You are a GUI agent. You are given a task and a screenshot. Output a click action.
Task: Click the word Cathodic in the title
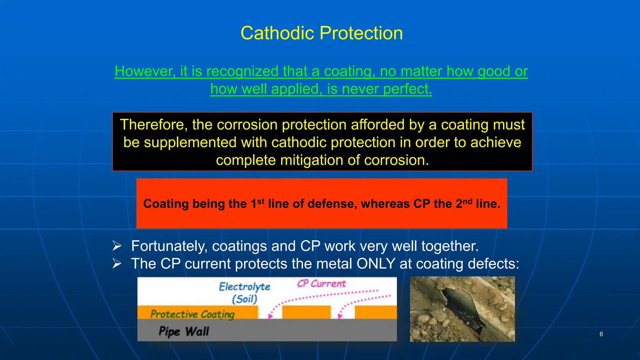[x=277, y=33]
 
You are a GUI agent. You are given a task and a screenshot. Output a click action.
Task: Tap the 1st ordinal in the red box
[x=257, y=203]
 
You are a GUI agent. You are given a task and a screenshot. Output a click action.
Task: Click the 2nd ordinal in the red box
[x=464, y=203]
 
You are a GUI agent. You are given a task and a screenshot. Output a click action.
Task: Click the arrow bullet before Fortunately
[x=117, y=246]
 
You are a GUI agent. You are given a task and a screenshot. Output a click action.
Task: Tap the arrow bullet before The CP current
[x=117, y=264]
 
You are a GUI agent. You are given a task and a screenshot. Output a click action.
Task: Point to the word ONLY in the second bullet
[x=376, y=264]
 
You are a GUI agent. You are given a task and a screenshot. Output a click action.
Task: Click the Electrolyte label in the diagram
[x=244, y=287]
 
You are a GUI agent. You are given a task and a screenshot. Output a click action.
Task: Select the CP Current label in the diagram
[x=321, y=284]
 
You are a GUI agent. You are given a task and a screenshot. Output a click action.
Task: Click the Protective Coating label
[x=192, y=314]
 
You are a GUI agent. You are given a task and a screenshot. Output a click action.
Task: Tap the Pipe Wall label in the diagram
[x=184, y=331]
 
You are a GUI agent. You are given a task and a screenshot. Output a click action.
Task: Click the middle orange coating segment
[x=306, y=312]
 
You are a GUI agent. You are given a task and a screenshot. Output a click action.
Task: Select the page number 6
[x=601, y=334]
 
